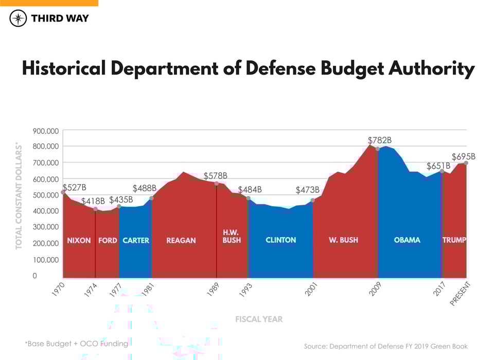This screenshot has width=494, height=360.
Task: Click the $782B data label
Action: [380, 140]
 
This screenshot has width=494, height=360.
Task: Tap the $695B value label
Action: [463, 156]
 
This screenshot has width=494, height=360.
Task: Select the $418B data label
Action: [93, 201]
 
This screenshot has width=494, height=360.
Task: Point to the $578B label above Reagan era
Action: [215, 176]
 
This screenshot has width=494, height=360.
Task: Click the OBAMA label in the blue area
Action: [407, 240]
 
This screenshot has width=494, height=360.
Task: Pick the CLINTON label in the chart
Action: [280, 240]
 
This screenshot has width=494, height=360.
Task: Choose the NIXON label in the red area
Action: [79, 241]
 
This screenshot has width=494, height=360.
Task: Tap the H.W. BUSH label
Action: [232, 237]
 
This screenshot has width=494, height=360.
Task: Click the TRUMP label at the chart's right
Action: [454, 240]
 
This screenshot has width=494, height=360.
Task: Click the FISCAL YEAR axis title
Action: [259, 319]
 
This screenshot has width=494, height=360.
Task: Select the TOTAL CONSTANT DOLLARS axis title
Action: [19, 196]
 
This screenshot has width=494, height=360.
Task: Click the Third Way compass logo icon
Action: [18, 19]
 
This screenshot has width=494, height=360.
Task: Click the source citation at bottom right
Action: [385, 346]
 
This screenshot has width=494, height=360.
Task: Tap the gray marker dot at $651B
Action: [442, 171]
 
